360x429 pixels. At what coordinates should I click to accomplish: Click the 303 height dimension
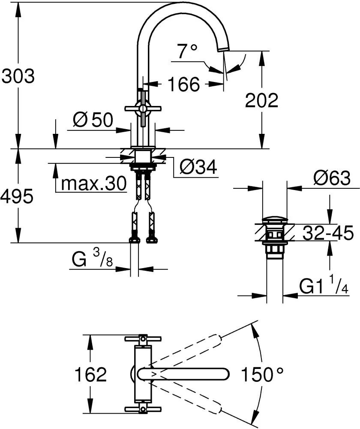pos(18,76)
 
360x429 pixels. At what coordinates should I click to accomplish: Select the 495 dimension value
pos(17,196)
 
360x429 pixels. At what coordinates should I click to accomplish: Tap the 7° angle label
pos(187,52)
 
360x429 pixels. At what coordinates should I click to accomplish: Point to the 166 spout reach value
pos(183,85)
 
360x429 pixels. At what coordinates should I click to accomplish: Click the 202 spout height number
pos(261,101)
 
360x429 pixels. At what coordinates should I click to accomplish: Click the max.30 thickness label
pos(94,184)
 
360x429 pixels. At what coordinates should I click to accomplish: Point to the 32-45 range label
pos(327,233)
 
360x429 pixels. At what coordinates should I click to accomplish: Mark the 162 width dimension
pos(90,375)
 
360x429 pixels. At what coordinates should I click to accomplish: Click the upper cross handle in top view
pos(143,338)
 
